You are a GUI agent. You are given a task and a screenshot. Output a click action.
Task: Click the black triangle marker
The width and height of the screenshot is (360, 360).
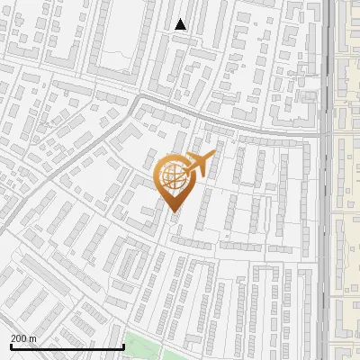tap(181, 24)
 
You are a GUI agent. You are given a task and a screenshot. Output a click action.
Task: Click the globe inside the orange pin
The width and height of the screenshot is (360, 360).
tap(174, 178)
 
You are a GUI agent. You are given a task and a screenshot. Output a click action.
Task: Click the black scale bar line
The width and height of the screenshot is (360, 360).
tap(67, 347)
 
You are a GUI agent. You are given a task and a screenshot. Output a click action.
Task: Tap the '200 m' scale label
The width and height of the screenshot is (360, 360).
tap(24, 338)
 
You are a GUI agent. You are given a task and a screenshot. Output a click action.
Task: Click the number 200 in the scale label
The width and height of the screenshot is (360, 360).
tap(20, 338)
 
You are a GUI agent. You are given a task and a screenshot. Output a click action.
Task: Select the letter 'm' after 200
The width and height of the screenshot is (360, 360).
tap(33, 338)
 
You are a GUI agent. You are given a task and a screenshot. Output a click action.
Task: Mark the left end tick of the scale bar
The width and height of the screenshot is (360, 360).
tap(11, 346)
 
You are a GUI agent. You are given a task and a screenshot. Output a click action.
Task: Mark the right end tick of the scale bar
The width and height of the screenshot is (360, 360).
tap(123, 346)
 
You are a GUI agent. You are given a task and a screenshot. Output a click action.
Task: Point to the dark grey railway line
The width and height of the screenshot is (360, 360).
tap(325, 225)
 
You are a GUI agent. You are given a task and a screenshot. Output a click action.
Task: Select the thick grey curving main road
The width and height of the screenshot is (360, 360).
tap(225, 123)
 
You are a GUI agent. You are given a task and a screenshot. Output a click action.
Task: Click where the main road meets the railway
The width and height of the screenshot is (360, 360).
tap(324, 136)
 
